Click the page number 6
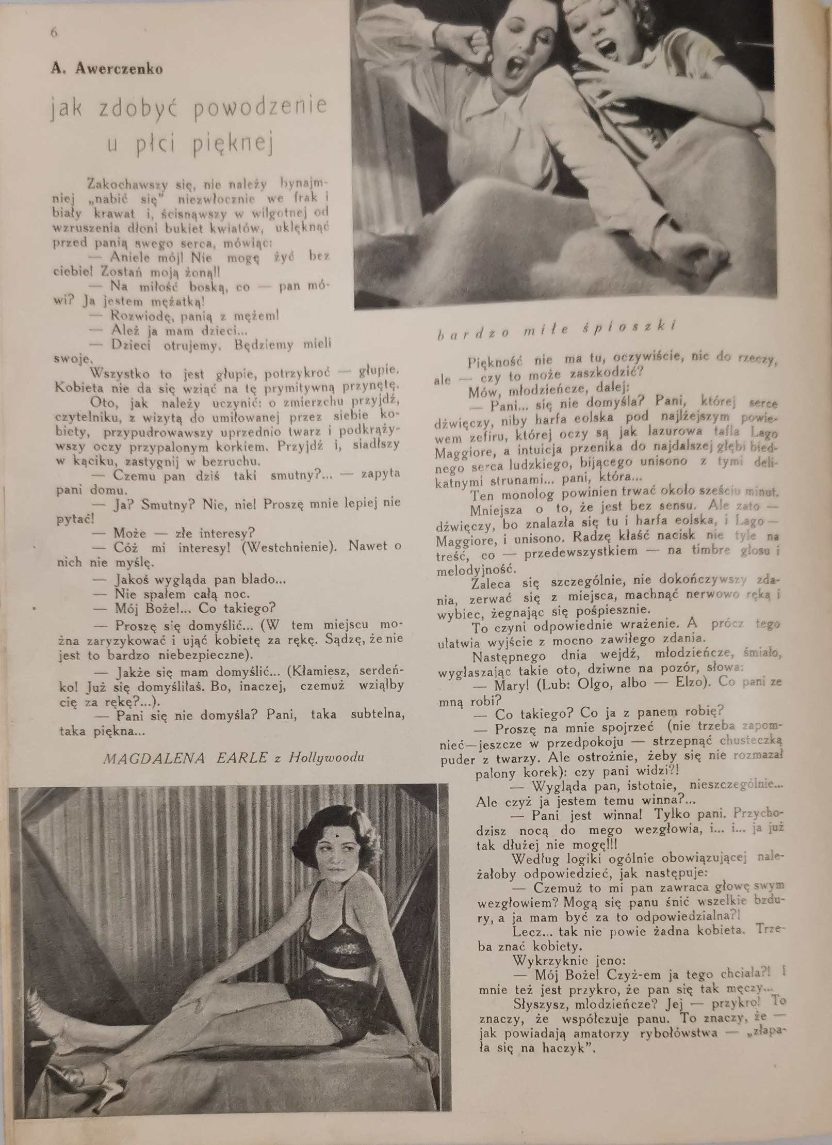[54, 32]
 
